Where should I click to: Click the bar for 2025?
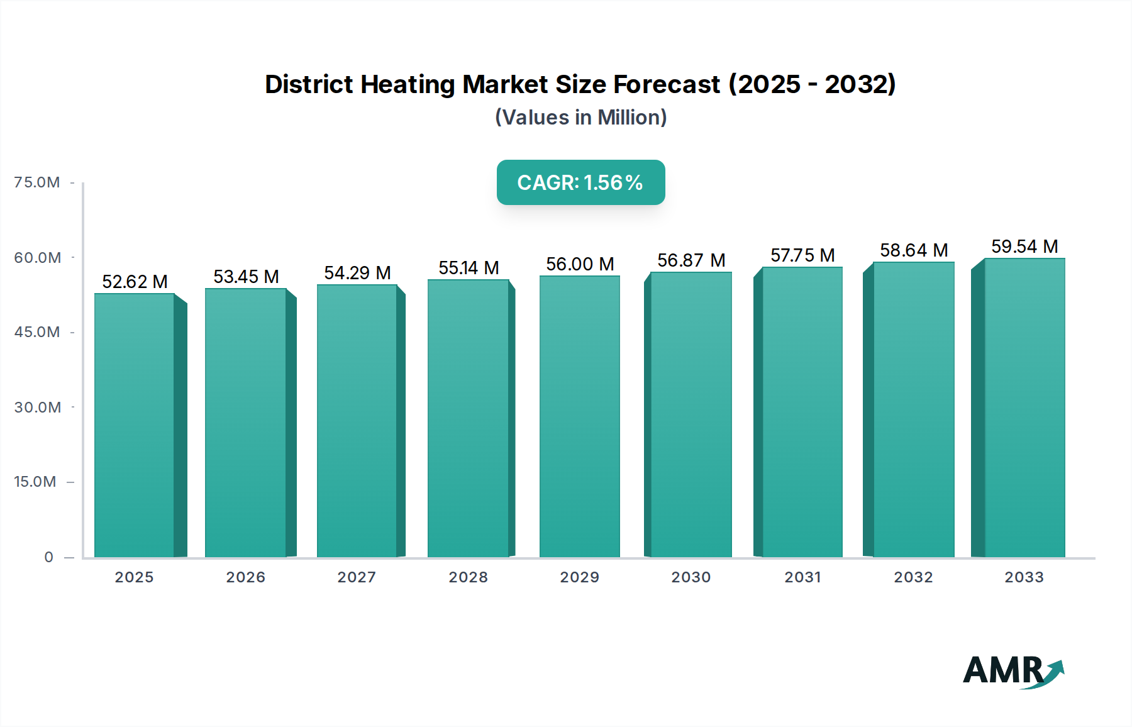click(135, 425)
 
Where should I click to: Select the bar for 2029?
click(579, 416)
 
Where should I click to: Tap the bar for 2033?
click(1024, 408)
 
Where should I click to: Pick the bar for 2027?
click(357, 421)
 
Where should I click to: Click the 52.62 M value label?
click(135, 282)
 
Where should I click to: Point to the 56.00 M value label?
click(579, 264)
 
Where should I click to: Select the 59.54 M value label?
click(1024, 247)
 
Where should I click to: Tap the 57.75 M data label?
click(802, 255)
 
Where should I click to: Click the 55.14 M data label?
click(469, 268)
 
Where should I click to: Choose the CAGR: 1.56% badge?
click(580, 182)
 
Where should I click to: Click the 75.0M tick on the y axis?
click(37, 182)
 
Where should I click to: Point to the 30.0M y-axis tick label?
click(38, 408)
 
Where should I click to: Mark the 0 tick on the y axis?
click(48, 557)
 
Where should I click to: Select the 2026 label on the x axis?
click(245, 577)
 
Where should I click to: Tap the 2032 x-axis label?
click(913, 577)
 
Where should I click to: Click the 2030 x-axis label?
click(691, 577)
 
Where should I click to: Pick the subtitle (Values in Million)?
click(580, 118)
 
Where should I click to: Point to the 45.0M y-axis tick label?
click(37, 332)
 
